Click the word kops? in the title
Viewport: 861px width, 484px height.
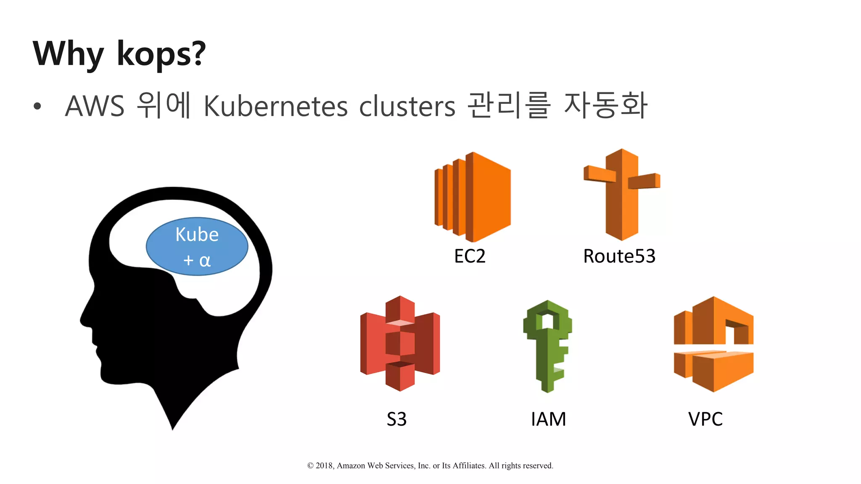161,55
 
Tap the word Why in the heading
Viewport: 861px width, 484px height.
68,55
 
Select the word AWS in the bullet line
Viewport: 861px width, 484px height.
95,106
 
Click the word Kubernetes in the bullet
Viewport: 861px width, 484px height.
275,106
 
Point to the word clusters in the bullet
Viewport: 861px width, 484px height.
407,106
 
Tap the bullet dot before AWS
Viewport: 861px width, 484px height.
37,106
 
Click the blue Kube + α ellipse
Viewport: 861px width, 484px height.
197,247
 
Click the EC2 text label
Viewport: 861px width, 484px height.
470,256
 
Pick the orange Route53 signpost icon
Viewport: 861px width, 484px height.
622,194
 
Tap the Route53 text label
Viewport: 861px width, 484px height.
619,256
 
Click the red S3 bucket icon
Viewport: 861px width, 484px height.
400,343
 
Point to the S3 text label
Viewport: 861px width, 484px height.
396,419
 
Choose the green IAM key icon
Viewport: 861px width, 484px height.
547,346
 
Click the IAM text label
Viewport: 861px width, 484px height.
548,419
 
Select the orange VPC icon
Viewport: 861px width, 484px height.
713,344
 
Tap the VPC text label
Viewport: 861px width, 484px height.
705,419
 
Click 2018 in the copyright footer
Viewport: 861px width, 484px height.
324,466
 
